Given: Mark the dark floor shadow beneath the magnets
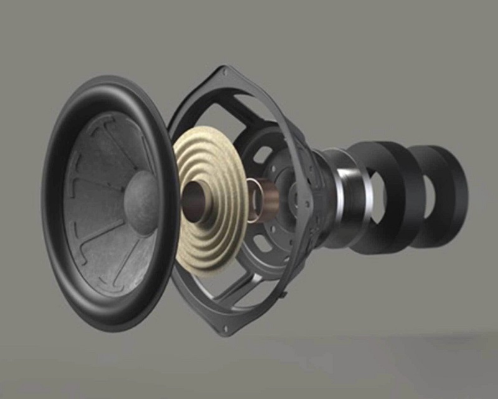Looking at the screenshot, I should pyautogui.click(x=398, y=340).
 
